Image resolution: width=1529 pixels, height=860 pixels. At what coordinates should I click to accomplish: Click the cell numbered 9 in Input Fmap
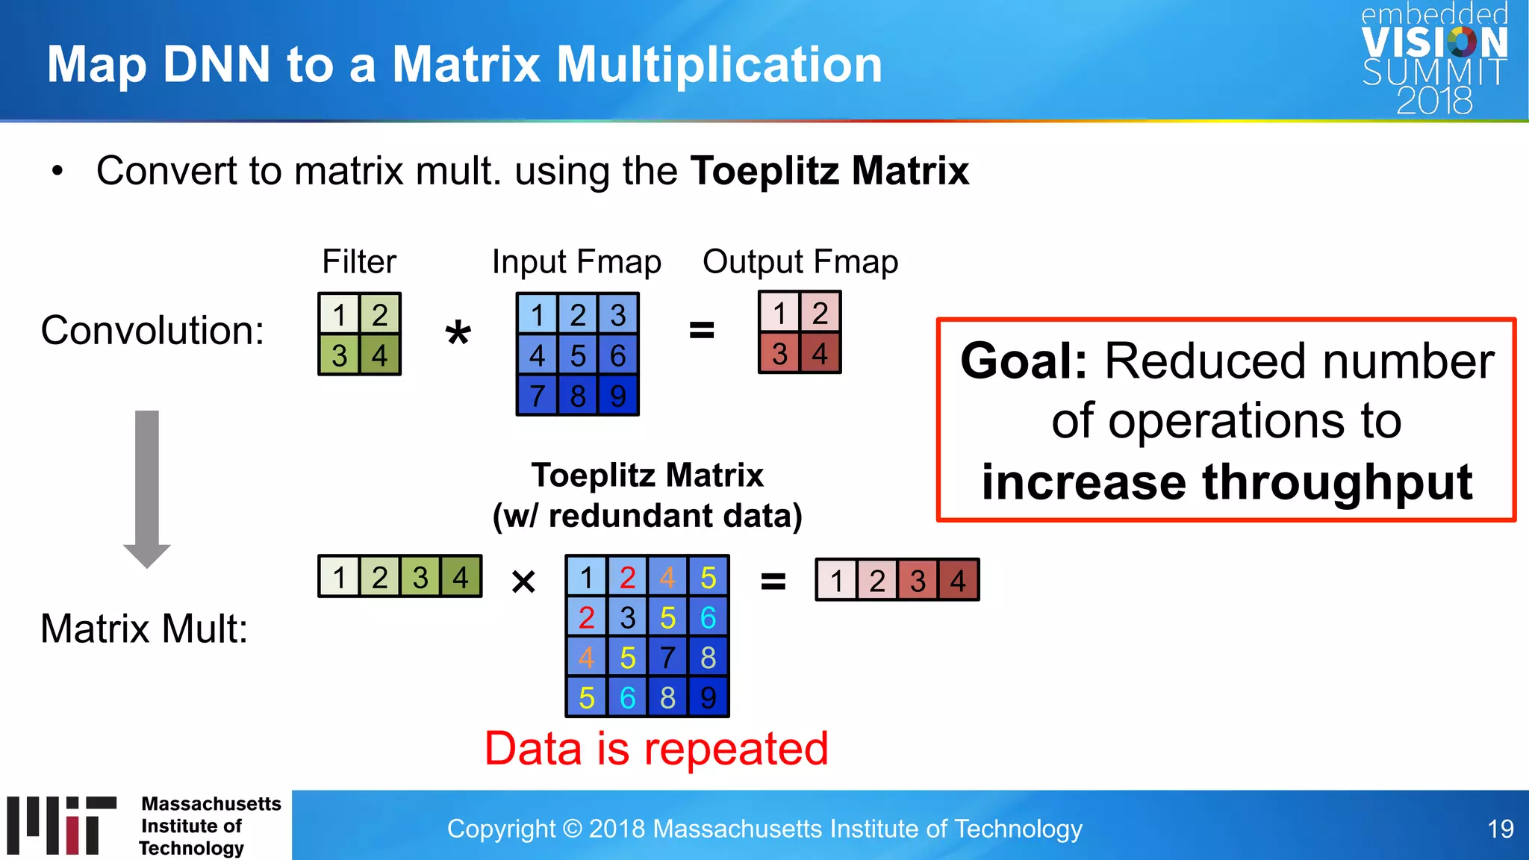tap(617, 396)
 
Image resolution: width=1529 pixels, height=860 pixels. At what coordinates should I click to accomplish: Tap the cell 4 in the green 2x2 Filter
tap(379, 355)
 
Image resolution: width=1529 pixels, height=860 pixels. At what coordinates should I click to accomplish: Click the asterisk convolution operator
tap(458, 334)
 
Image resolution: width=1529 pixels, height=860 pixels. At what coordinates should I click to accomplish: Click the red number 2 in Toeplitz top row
tap(627, 577)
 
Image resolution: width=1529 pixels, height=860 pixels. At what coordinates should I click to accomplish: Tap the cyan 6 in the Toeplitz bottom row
tap(627, 698)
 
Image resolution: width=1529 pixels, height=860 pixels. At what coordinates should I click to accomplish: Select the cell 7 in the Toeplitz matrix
tap(667, 658)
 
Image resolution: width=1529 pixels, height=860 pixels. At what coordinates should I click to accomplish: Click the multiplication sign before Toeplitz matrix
tap(523, 582)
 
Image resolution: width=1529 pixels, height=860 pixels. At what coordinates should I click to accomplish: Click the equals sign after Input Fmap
tap(701, 329)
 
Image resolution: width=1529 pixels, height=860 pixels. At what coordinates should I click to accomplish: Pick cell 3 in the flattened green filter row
tap(420, 577)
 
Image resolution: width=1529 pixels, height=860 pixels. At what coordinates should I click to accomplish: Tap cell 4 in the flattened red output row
tap(958, 580)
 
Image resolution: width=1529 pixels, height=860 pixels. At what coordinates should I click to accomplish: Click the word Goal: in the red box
tap(1024, 361)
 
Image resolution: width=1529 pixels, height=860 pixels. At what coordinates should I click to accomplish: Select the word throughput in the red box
tap(1336, 482)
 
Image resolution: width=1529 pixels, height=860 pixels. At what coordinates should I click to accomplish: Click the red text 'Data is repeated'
tap(656, 749)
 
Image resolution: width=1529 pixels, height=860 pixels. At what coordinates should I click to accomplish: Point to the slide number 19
tap(1500, 829)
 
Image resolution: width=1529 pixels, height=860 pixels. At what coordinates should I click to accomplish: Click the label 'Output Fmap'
tap(800, 262)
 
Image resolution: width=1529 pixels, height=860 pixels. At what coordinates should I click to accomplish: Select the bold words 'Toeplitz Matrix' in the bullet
tap(829, 171)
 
